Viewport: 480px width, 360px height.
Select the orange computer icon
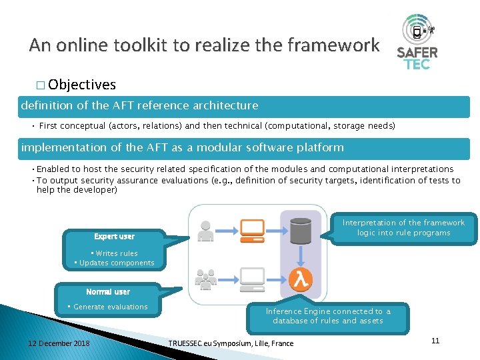(x=252, y=231)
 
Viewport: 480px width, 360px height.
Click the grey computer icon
(x=252, y=278)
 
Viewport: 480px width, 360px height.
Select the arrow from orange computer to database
(x=277, y=230)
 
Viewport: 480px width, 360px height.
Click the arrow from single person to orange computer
(x=228, y=230)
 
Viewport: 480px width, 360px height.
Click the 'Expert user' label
(x=114, y=237)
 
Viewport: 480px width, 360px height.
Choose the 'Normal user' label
(x=108, y=292)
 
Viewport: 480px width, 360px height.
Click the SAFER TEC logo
(x=417, y=42)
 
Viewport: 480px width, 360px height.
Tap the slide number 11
(x=435, y=341)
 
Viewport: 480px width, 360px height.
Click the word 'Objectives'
(x=82, y=85)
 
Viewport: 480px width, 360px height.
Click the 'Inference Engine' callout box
(x=328, y=316)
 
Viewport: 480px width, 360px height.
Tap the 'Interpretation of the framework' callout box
(x=403, y=227)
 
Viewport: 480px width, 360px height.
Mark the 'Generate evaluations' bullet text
(x=111, y=307)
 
